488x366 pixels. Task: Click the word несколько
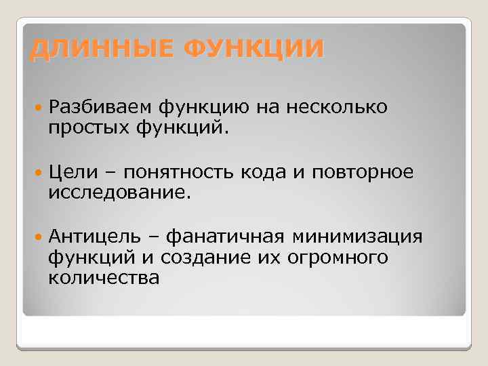coord(337,106)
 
